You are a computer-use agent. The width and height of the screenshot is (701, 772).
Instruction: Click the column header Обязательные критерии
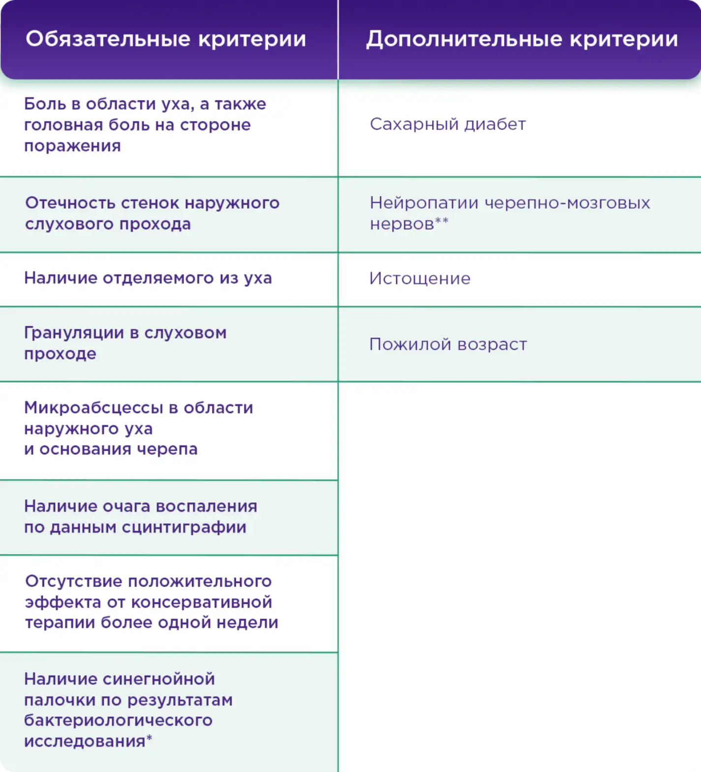[166, 39]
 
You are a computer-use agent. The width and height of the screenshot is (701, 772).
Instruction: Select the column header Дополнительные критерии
[521, 39]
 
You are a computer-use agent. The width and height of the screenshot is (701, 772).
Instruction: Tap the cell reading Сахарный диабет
[448, 124]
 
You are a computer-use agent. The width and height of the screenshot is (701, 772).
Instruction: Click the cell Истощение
[420, 278]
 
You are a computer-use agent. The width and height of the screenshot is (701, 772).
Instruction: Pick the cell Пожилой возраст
[448, 344]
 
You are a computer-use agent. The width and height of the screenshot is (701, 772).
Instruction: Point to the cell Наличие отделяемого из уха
[148, 278]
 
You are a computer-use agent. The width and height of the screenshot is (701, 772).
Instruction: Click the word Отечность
[70, 203]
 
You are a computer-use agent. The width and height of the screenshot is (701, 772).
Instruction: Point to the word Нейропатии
[424, 203]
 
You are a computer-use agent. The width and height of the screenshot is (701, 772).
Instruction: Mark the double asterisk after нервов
[442, 221]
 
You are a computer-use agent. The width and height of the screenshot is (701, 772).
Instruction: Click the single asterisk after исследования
[149, 738]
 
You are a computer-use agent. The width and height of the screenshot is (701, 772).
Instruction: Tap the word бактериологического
[118, 720]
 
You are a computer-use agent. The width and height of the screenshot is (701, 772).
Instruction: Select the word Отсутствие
[73, 581]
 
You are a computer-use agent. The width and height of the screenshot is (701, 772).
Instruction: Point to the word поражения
[72, 146]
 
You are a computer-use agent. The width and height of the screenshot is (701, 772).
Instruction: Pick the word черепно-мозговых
[567, 203]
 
